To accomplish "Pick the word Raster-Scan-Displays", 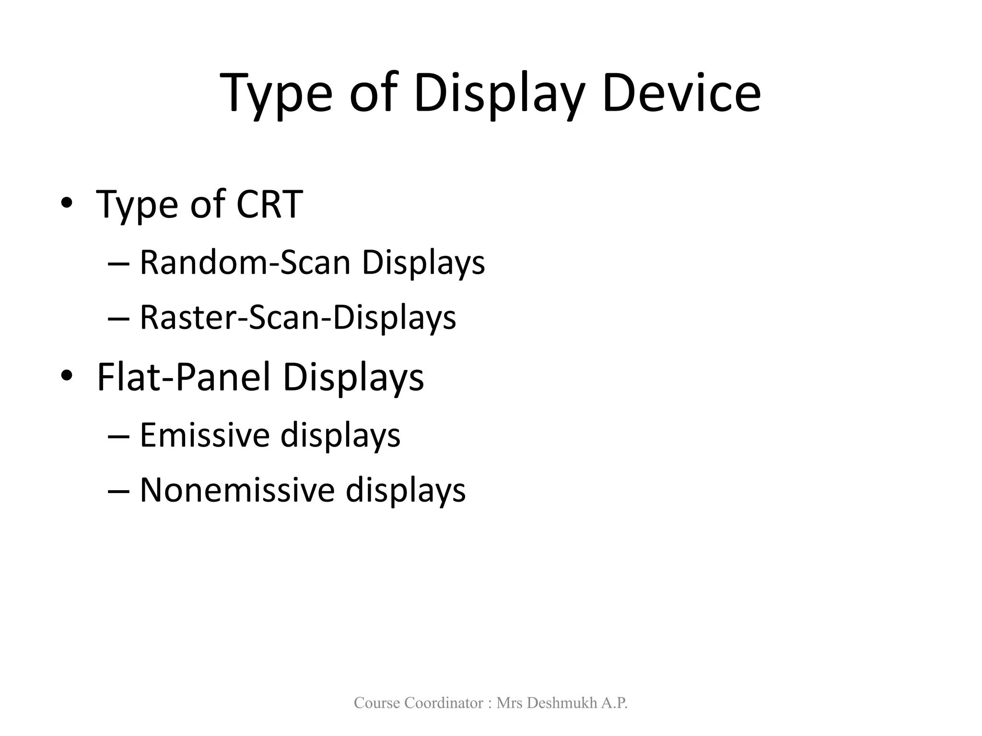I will (x=298, y=317).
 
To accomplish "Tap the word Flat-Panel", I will (x=184, y=377).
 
